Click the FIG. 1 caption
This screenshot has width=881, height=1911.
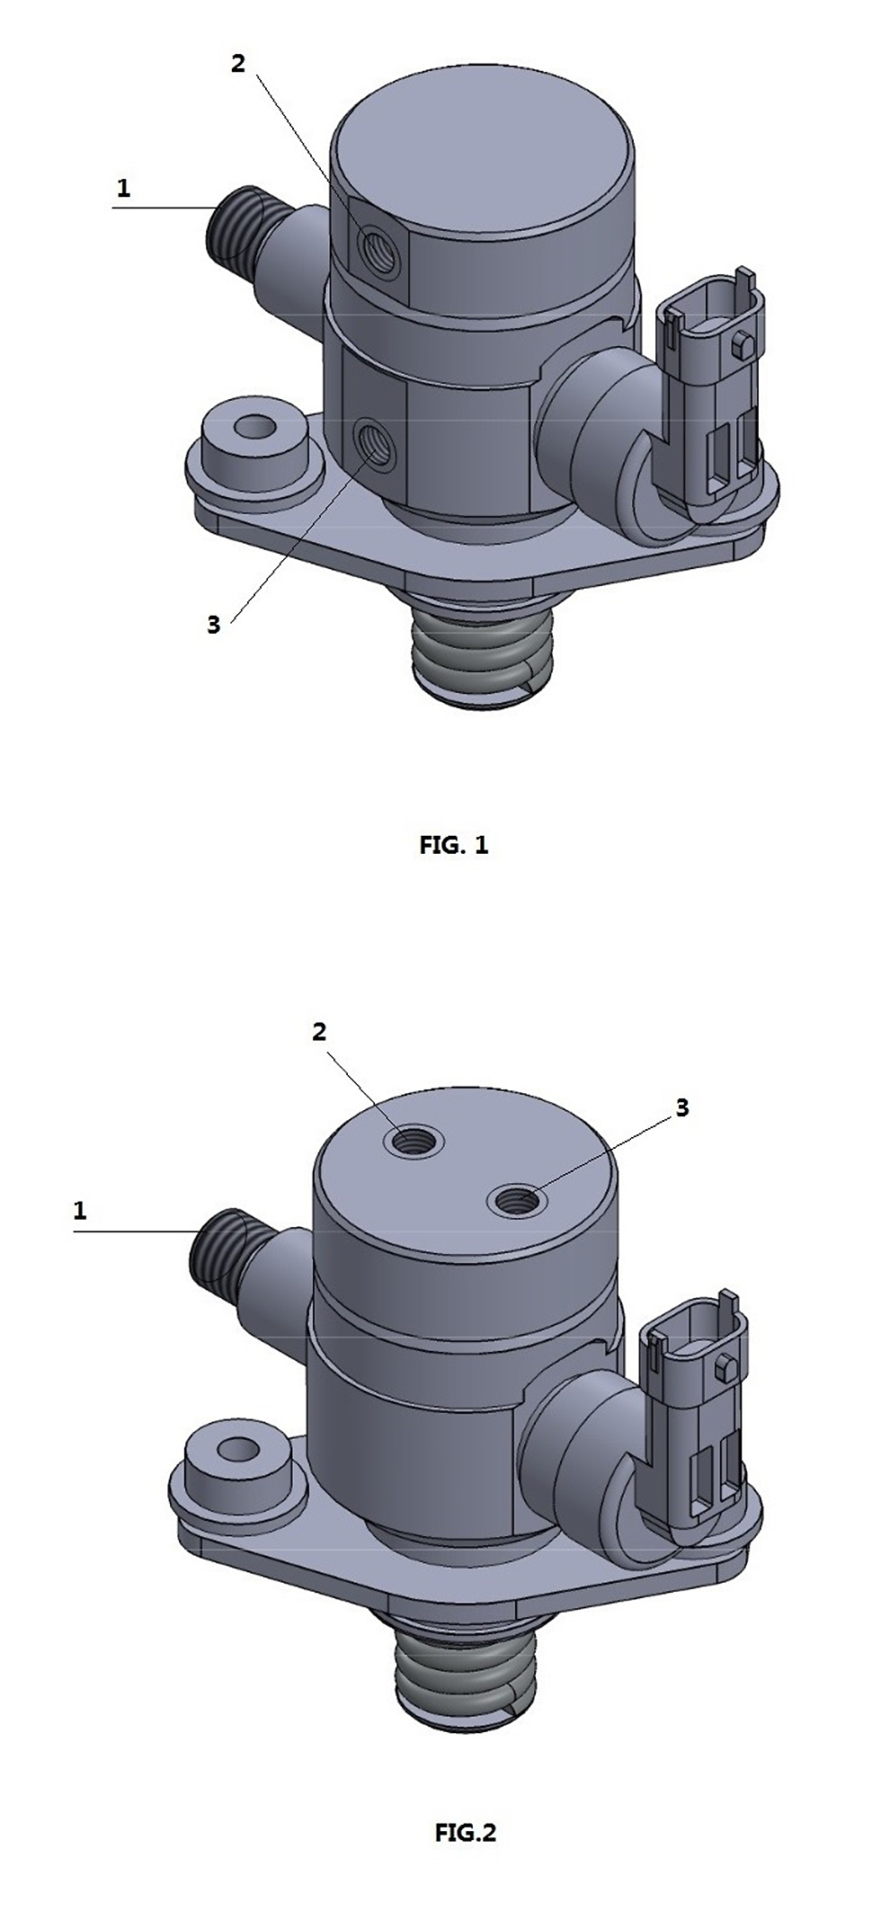[x=453, y=845]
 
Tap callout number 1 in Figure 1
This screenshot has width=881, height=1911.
[x=124, y=188]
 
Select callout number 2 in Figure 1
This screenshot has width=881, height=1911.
[x=238, y=64]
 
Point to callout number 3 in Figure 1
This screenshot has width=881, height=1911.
[x=213, y=625]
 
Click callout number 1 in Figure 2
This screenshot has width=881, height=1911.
[x=80, y=1211]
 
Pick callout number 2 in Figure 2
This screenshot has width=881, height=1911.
[x=319, y=1032]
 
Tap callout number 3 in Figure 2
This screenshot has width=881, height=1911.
[x=682, y=1108]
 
